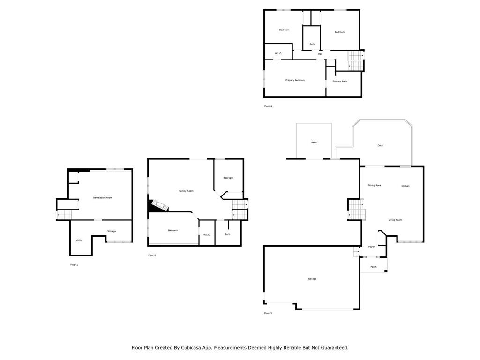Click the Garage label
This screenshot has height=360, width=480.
click(x=312, y=279)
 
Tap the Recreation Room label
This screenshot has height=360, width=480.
click(x=103, y=198)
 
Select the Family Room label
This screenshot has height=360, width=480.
click(x=186, y=191)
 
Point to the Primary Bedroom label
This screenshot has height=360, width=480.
click(x=295, y=80)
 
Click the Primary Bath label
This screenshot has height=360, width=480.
click(x=340, y=82)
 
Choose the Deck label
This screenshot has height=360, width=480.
click(x=380, y=146)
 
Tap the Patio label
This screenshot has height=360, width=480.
click(x=314, y=142)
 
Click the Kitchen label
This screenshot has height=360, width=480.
click(x=405, y=186)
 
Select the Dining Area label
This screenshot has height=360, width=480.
click(x=375, y=185)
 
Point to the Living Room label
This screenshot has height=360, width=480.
click(x=395, y=220)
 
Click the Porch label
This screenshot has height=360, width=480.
click(x=374, y=267)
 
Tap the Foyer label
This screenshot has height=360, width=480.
click(x=371, y=247)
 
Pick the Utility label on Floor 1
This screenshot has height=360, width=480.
click(x=79, y=240)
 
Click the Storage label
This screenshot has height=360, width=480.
click(x=112, y=231)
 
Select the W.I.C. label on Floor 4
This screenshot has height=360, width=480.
click(x=278, y=53)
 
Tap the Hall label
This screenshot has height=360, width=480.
click(x=320, y=54)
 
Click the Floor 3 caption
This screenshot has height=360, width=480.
click(x=268, y=313)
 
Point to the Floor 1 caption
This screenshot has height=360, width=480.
click(x=74, y=265)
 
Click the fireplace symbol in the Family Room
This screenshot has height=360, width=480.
click(x=157, y=206)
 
